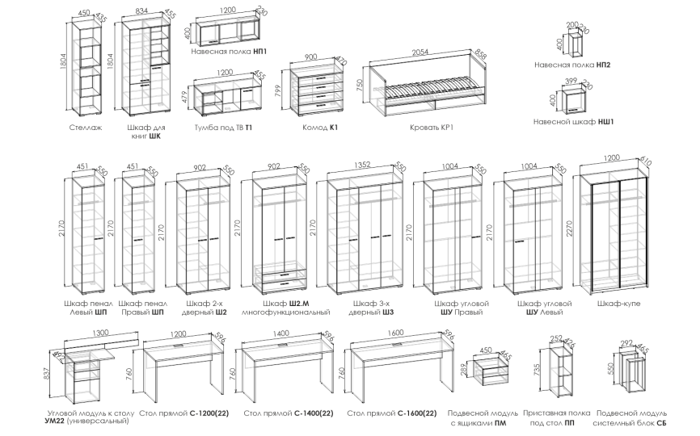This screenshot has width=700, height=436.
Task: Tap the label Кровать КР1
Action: point(429,128)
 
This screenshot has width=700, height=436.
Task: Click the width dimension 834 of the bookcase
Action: point(141,12)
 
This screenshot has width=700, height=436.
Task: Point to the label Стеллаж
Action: point(86,128)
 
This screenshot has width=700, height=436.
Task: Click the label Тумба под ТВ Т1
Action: point(224,128)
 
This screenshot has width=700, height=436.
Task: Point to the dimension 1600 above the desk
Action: point(394,332)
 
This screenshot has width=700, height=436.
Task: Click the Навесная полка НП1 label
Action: point(230,51)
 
